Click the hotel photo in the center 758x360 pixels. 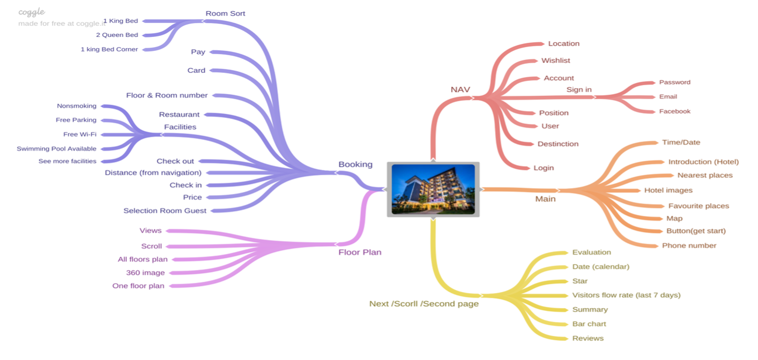tap(433, 189)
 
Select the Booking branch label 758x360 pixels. tap(355, 164)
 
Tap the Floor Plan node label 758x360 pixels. tap(360, 252)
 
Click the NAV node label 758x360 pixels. tap(460, 89)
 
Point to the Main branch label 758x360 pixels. tap(545, 199)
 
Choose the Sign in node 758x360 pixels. tap(579, 89)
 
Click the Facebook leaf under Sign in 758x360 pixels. tap(674, 111)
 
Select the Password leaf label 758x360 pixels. tap(674, 82)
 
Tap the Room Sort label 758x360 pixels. tap(225, 13)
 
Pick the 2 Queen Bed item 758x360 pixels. tap(117, 35)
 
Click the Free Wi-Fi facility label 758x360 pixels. tap(80, 134)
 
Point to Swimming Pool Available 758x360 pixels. tap(56, 149)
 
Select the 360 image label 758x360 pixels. tap(145, 273)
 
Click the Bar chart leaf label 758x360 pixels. tap(589, 324)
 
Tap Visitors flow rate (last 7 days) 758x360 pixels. tap(626, 295)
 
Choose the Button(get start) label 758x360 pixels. tap(696, 231)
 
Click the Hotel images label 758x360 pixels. tap(668, 190)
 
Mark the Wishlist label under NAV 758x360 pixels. tap(555, 61)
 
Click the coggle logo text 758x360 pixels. tap(32, 12)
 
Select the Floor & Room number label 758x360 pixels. tap(167, 95)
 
